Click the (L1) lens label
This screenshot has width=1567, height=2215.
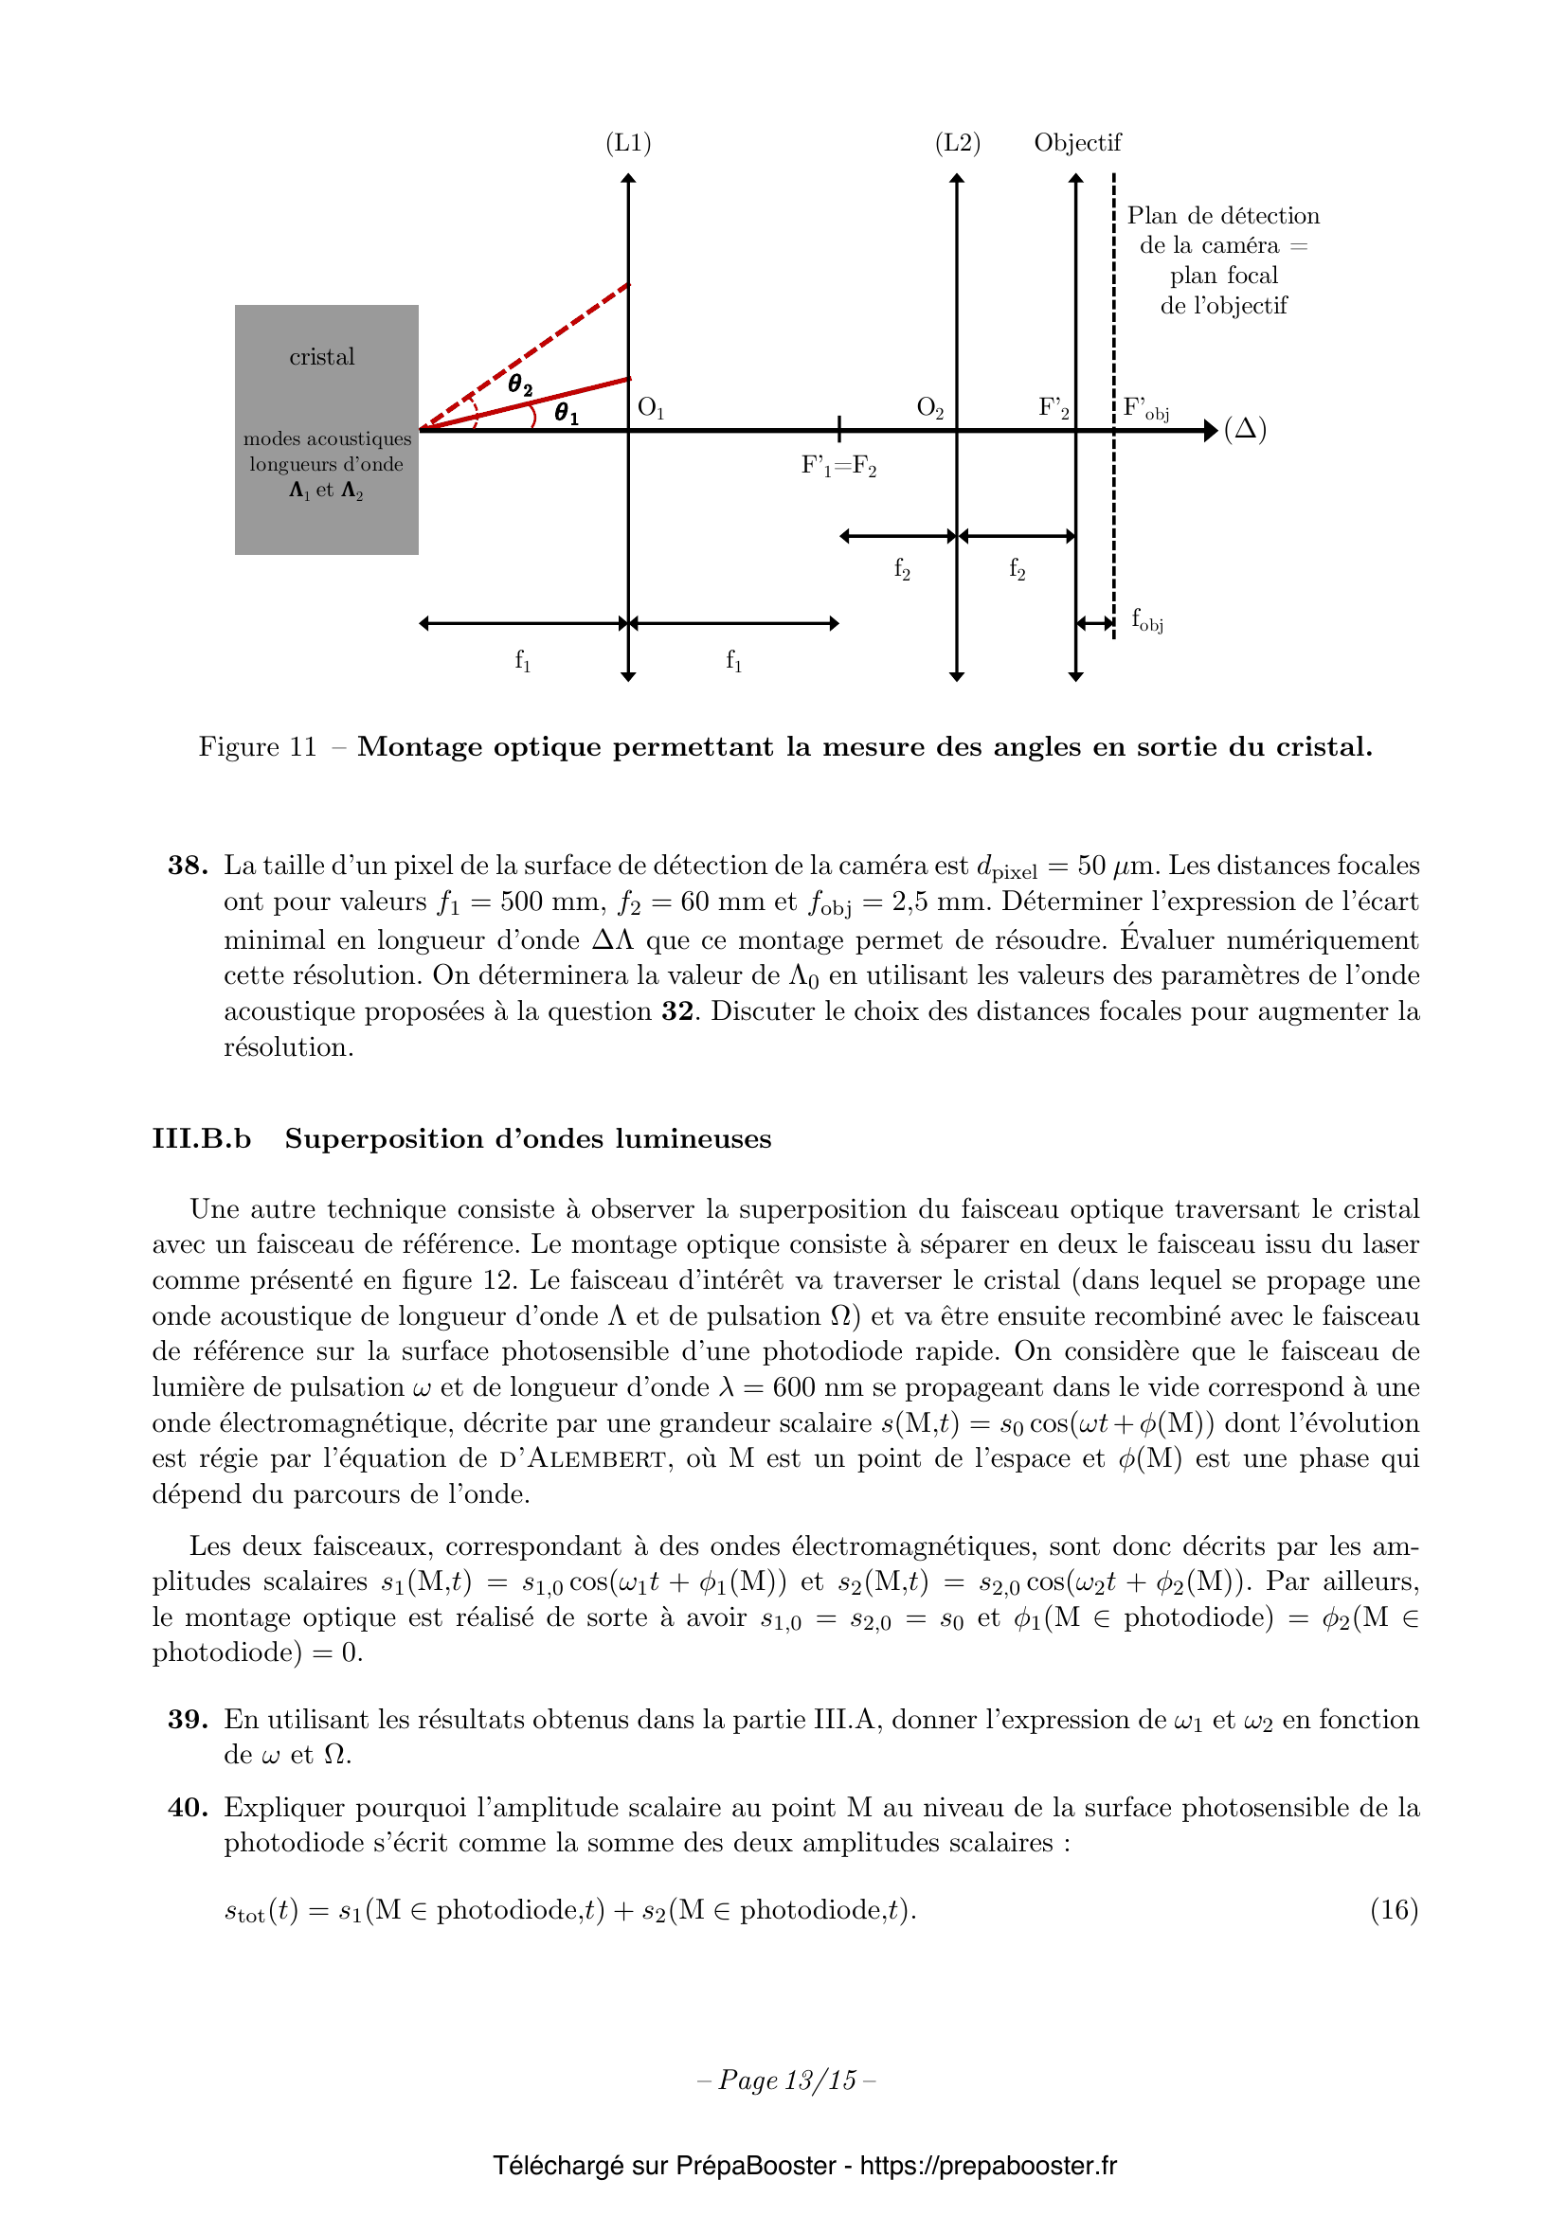[x=628, y=143]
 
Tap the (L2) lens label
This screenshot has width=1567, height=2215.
[x=957, y=143]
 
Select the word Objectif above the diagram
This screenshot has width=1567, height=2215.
[x=1077, y=143]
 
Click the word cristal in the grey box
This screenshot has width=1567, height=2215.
[x=322, y=357]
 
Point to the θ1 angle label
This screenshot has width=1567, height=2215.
[x=567, y=415]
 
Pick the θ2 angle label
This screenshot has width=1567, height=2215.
[x=520, y=384]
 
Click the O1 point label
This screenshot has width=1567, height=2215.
[x=651, y=408]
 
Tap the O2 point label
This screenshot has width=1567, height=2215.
[x=930, y=408]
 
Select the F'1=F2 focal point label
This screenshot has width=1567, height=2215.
[x=838, y=467]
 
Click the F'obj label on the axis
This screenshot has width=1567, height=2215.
[x=1146, y=409]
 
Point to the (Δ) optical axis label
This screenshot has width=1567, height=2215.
[x=1245, y=429]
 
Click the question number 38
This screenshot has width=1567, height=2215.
[x=188, y=866]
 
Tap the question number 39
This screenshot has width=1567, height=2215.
[x=188, y=1719]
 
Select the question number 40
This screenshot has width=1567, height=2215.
[x=188, y=1807]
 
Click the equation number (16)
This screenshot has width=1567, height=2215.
[x=1394, y=1909]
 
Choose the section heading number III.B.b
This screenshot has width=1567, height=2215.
[x=202, y=1138]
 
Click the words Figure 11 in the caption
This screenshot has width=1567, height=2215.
[x=258, y=746]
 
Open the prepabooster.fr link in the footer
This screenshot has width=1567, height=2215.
[x=988, y=2166]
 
